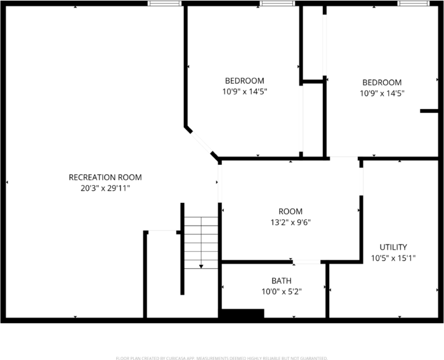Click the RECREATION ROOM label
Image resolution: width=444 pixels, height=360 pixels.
point(105,177)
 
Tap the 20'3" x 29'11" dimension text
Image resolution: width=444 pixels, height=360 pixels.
point(105,188)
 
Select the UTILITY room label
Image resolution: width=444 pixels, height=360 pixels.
point(393,247)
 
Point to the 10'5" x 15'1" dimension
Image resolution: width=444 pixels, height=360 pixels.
point(393,258)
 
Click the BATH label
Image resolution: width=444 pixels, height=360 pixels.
point(282,281)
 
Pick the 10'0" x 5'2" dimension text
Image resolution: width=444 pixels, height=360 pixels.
point(282,292)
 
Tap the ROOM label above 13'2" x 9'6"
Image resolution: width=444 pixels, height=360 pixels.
point(291,211)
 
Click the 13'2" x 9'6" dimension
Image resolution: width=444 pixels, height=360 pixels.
point(291,222)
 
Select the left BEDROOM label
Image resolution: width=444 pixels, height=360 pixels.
point(244,80)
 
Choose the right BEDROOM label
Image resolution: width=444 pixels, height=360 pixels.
point(382,82)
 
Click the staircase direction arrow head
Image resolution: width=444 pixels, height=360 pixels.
point(201,266)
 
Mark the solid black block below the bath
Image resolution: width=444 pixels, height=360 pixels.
point(242,314)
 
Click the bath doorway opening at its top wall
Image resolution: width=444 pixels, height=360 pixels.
point(307,261)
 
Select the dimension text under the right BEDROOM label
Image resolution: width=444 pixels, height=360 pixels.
point(382,93)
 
